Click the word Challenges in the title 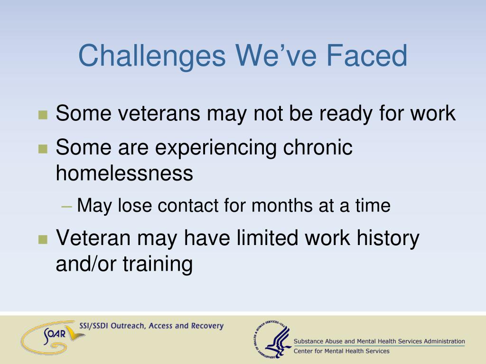tap(152, 56)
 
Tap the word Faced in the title tap(367, 56)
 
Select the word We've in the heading tap(276, 56)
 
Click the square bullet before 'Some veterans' tap(43, 115)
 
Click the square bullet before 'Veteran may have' tap(43, 239)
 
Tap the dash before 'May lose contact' tap(66, 206)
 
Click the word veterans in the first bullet tap(159, 113)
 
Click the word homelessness tap(124, 173)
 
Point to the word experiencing tap(215, 148)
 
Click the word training tap(158, 264)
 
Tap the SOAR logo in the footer tap(53, 337)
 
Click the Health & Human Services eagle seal tap(272, 339)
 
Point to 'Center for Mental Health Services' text tap(341, 351)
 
